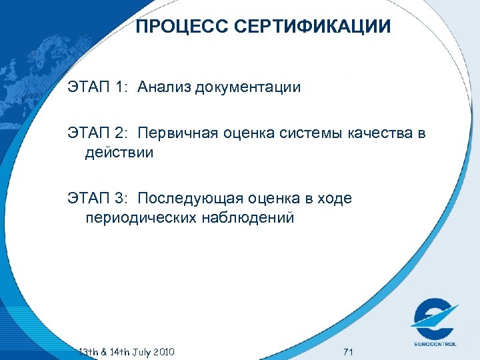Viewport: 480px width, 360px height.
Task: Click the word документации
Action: (x=248, y=87)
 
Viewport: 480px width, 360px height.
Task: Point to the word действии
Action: (x=120, y=153)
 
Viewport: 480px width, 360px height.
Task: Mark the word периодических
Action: (x=139, y=218)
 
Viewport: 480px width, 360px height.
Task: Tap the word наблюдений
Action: (x=247, y=218)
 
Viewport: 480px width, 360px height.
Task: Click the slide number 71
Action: (x=347, y=351)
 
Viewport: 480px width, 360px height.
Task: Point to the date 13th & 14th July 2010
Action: (x=127, y=351)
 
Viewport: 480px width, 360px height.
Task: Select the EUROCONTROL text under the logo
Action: (x=433, y=343)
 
